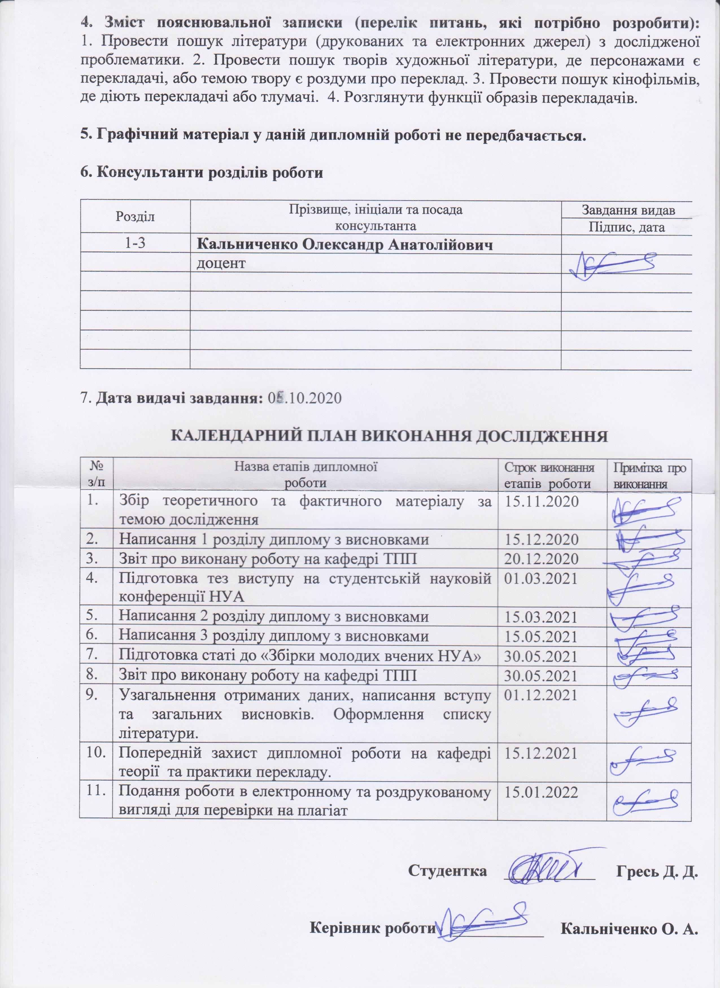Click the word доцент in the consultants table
(221, 264)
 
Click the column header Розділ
(135, 216)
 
